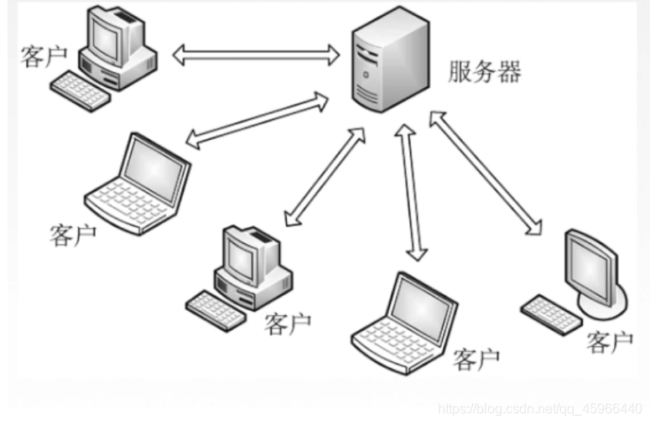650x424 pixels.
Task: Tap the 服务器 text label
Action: coord(485,72)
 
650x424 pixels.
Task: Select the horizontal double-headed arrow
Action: coord(256,55)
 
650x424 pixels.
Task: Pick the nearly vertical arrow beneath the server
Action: coord(412,192)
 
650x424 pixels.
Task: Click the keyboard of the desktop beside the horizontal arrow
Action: coord(81,90)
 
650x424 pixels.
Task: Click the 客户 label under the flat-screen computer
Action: coord(609,341)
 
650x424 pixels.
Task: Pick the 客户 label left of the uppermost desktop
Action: coord(43,57)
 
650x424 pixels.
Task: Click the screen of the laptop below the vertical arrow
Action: coord(426,303)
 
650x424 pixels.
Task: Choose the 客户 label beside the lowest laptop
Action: coord(476,360)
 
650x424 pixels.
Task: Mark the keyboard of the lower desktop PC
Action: coord(217,308)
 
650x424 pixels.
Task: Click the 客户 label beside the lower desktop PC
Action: coord(288,323)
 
